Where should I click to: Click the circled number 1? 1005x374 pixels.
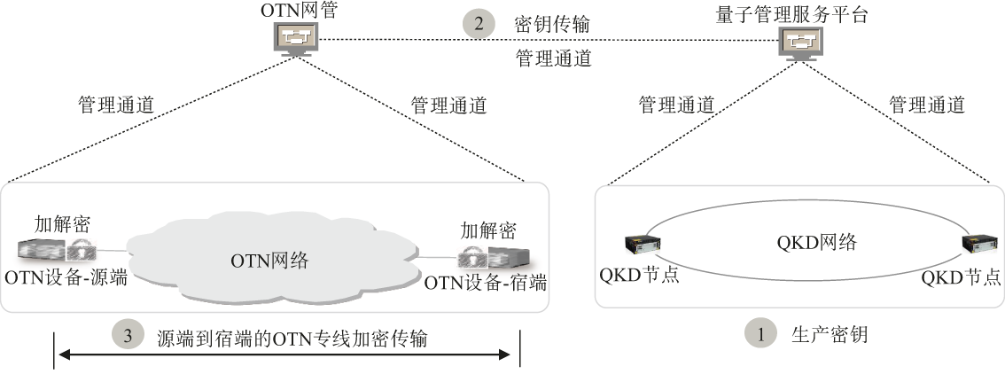tap(759, 335)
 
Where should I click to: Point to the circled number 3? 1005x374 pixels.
tap(129, 337)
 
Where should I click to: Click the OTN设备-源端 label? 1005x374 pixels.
tap(66, 277)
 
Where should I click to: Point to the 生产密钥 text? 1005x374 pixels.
tap(828, 335)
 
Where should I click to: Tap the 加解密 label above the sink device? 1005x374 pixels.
tap(488, 230)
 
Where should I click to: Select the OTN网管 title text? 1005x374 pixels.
tap(296, 11)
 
